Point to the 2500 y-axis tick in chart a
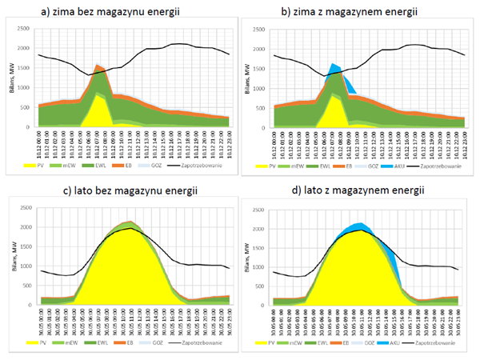tap(23, 30)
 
